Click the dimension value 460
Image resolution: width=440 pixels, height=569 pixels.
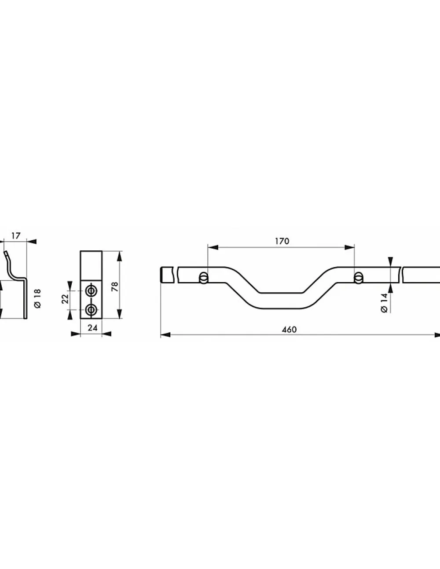289,329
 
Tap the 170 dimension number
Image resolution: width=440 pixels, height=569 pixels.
282,241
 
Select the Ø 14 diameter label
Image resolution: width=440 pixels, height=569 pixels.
384,303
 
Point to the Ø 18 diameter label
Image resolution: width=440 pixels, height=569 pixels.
38,298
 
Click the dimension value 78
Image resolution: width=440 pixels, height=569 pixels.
115,287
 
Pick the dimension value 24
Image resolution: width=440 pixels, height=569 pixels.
92,327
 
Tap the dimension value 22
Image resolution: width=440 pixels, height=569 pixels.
65,299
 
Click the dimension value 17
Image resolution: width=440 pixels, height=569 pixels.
16,236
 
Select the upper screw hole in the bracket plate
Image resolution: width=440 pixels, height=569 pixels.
91,290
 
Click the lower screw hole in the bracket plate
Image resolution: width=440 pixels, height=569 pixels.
91,310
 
